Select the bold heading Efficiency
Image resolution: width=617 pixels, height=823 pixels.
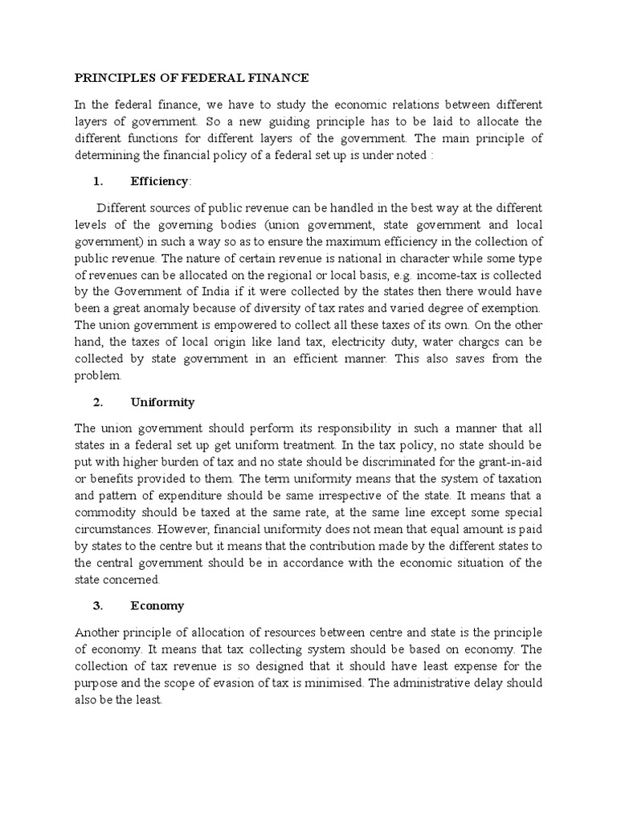(158, 182)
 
